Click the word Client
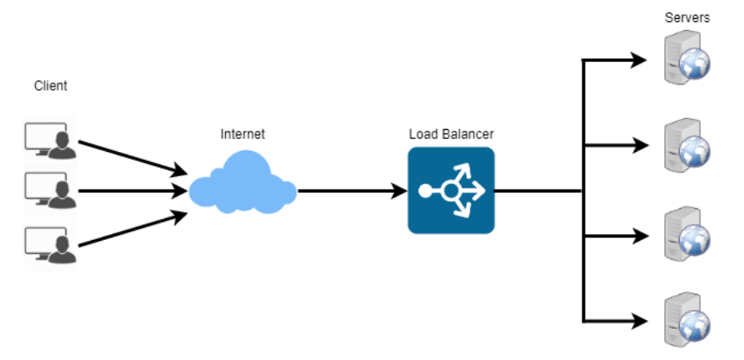(x=51, y=85)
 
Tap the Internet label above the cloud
(x=242, y=134)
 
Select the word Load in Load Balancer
(x=423, y=134)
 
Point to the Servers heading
(x=688, y=18)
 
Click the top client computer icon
(x=50, y=139)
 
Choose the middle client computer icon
(x=50, y=191)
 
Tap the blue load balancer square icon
(x=451, y=190)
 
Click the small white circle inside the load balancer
(x=449, y=191)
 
